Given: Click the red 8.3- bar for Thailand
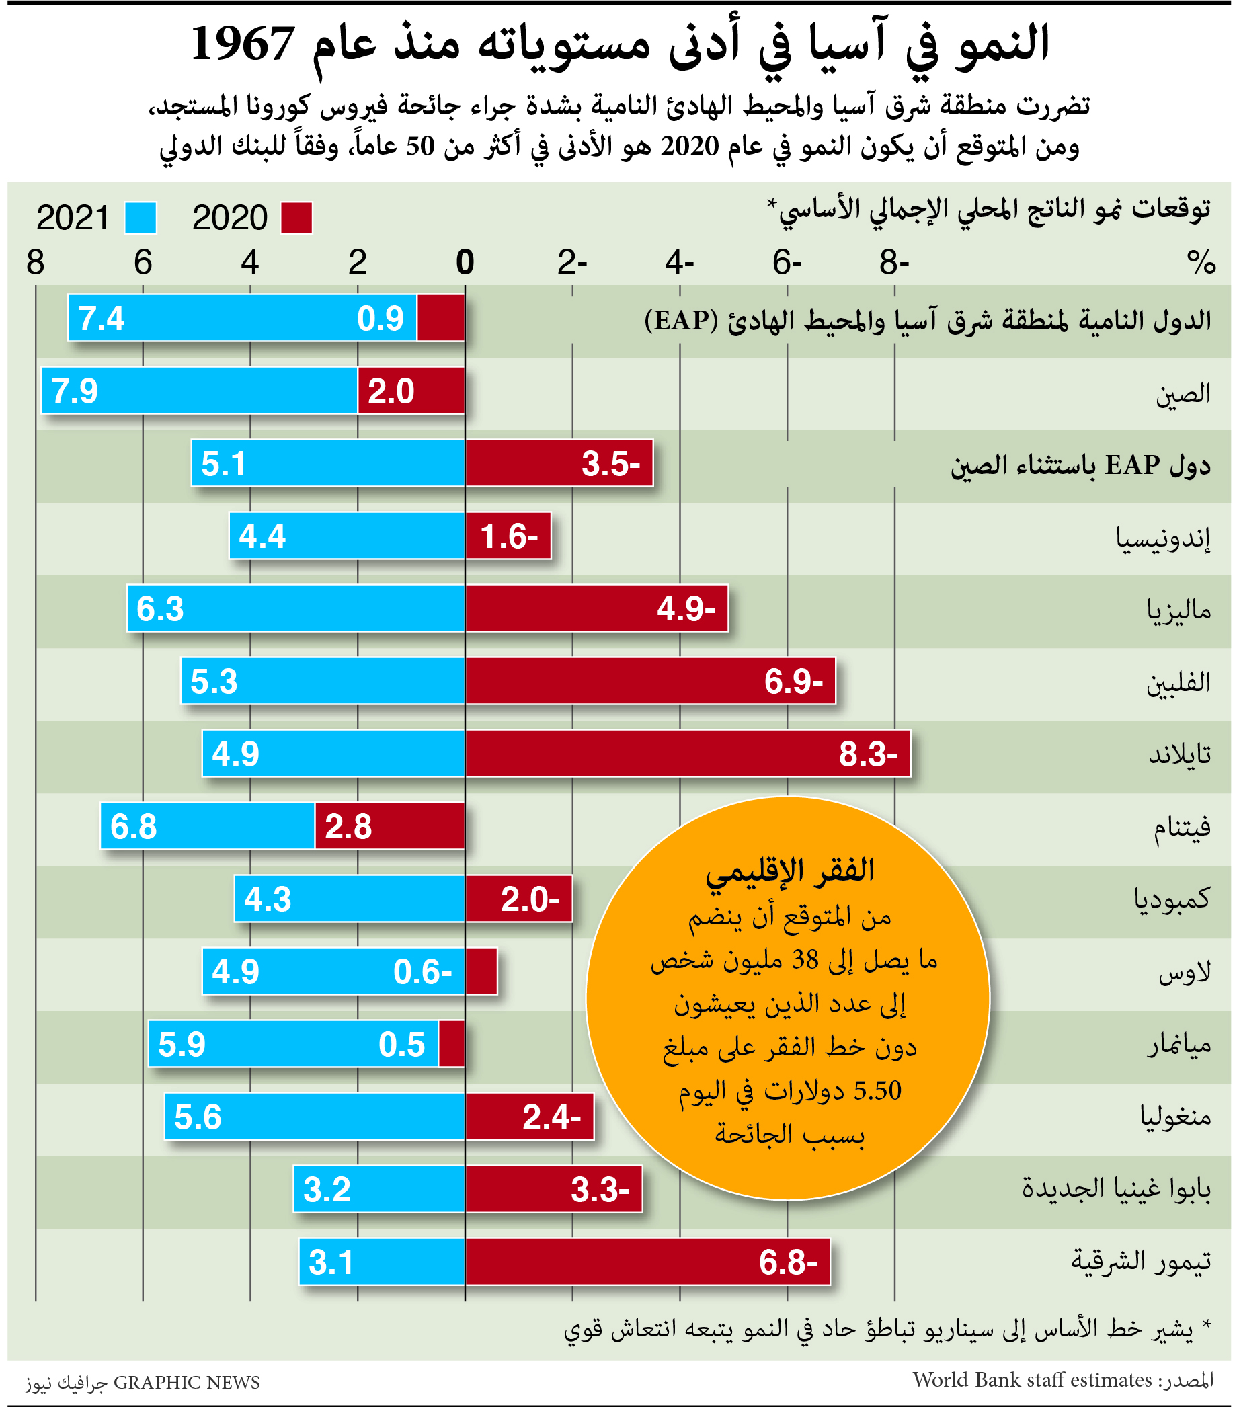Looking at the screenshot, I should pyautogui.click(x=688, y=753).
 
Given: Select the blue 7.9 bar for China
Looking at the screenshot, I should pyautogui.click(x=200, y=391).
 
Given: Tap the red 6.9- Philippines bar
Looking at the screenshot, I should pyautogui.click(x=650, y=682).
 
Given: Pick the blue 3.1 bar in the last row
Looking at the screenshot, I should pyautogui.click(x=382, y=1262).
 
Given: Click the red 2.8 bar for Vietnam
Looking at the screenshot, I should pyautogui.click(x=390, y=826).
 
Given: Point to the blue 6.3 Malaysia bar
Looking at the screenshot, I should pyautogui.click(x=296, y=608).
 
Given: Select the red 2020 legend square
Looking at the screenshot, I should pyautogui.click(x=296, y=218).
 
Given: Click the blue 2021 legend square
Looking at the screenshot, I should pyautogui.click(x=141, y=218).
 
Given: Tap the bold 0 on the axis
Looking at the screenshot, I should pyautogui.click(x=465, y=263).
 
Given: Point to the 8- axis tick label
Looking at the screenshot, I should pyautogui.click(x=895, y=263).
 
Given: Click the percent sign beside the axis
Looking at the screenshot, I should pyautogui.click(x=1201, y=263).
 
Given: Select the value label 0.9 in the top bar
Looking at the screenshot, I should pyautogui.click(x=381, y=319).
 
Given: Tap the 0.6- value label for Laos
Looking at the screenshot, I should pyautogui.click(x=422, y=972).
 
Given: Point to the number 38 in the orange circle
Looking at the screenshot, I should pyautogui.click(x=805, y=960).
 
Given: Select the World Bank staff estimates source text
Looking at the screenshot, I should pyautogui.click(x=1032, y=1380).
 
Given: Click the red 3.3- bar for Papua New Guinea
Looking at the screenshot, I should pyautogui.click(x=553, y=1189).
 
